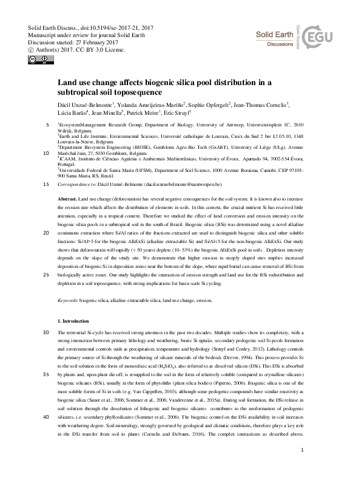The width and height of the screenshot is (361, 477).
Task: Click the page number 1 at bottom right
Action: click(x=302, y=467)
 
